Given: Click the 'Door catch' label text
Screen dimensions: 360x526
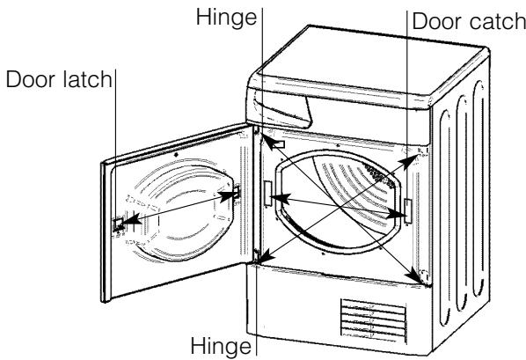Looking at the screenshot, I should [x=467, y=20].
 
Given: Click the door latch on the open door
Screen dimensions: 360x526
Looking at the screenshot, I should [x=117, y=224].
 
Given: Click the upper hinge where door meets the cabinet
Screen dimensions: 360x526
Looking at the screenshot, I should [x=257, y=132].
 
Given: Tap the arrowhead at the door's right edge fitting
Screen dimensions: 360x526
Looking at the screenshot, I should [x=233, y=194].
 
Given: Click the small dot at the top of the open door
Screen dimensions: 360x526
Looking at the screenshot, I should [x=177, y=151].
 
